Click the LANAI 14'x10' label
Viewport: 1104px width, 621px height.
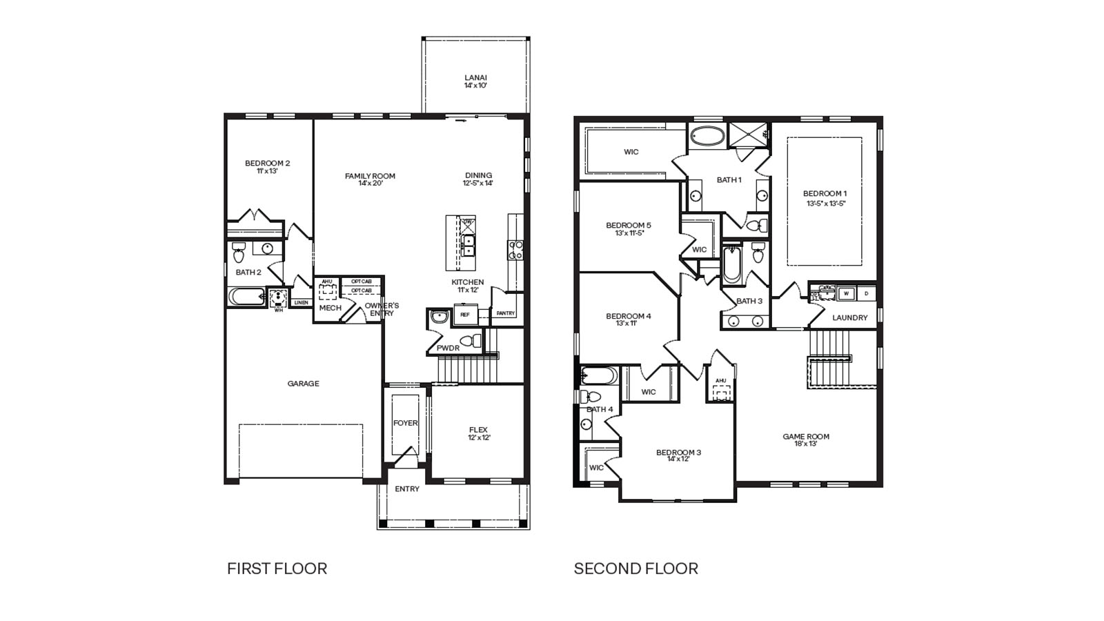(475, 81)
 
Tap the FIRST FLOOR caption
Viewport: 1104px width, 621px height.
(277, 569)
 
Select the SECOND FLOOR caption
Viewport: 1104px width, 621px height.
(635, 569)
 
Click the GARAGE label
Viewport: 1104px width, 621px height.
(303, 384)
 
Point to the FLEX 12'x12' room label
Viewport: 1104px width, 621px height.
(478, 433)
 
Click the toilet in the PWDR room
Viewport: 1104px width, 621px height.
(471, 341)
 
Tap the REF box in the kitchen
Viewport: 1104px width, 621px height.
(465, 315)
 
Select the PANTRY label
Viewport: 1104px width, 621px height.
(505, 313)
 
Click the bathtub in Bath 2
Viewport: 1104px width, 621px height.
(246, 297)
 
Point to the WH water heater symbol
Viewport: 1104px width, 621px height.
(278, 297)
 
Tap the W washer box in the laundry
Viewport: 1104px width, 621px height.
(847, 294)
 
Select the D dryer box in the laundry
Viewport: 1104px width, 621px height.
(867, 294)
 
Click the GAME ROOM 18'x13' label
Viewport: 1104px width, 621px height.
(805, 440)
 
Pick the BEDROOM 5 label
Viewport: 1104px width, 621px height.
(628, 228)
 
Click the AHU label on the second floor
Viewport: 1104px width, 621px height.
(720, 381)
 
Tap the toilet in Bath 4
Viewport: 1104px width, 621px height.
(591, 397)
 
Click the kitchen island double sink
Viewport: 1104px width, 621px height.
(468, 246)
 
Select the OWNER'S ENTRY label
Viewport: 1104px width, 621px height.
(382, 309)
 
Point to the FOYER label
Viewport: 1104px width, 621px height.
(405, 423)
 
